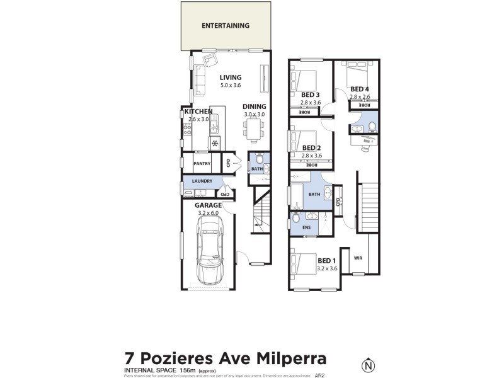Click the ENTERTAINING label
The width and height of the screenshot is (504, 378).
coord(226,26)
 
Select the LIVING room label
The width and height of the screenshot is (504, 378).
coord(231,77)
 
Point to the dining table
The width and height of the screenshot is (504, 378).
coord(255,130)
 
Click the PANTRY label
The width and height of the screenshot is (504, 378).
coord(202,164)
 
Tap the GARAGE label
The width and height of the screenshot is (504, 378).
coord(208,205)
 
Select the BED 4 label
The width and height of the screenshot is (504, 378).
coord(360,89)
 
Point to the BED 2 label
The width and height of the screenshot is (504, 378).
coord(312,148)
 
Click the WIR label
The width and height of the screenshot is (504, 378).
coord(358,258)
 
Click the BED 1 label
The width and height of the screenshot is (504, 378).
coord(327,261)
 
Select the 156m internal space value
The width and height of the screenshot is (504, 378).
coord(186,370)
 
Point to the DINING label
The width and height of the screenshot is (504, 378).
coord(255,106)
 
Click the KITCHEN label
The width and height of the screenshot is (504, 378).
coord(198,112)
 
